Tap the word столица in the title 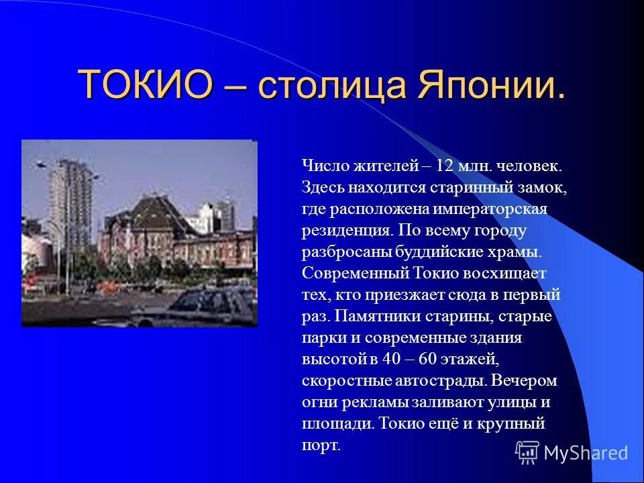point(332,85)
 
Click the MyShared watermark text point(586,453)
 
